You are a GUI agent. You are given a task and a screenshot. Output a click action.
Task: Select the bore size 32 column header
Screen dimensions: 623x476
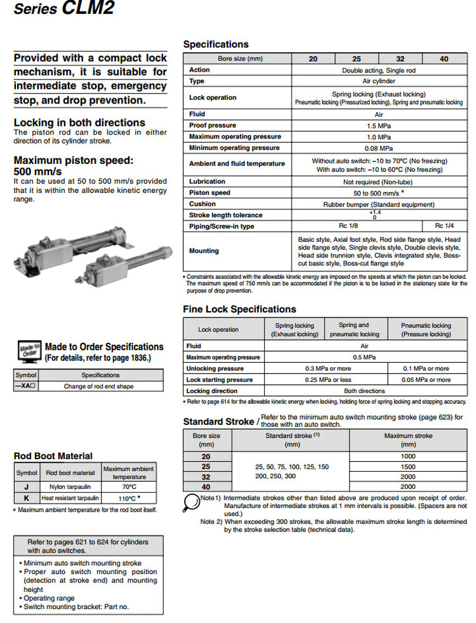[400, 58]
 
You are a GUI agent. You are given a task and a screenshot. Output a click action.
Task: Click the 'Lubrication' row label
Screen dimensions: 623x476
[207, 182]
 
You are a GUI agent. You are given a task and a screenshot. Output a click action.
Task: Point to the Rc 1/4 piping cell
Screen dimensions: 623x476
[444, 226]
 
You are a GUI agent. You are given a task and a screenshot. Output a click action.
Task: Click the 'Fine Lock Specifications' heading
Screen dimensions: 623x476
[239, 309]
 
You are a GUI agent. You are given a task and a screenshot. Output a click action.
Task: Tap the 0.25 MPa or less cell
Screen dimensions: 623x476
[326, 380]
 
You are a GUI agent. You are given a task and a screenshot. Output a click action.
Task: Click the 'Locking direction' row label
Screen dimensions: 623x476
[212, 391]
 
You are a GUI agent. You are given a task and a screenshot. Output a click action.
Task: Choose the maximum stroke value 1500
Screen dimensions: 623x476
[408, 467]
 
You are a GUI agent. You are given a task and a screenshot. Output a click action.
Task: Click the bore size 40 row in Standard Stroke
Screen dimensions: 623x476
[207, 486]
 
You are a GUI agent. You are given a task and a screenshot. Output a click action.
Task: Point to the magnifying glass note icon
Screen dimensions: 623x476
[191, 501]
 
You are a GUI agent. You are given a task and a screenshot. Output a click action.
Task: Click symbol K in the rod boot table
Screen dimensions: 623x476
[27, 498]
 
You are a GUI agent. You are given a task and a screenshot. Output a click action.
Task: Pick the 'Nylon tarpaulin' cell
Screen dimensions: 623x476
[70, 486]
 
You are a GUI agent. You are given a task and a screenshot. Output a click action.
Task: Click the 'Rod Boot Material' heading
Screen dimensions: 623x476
[53, 456]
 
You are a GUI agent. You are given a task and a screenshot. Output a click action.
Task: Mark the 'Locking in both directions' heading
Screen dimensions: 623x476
[79, 123]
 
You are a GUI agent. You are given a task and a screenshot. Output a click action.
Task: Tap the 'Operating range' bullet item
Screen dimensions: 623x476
[49, 598]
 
